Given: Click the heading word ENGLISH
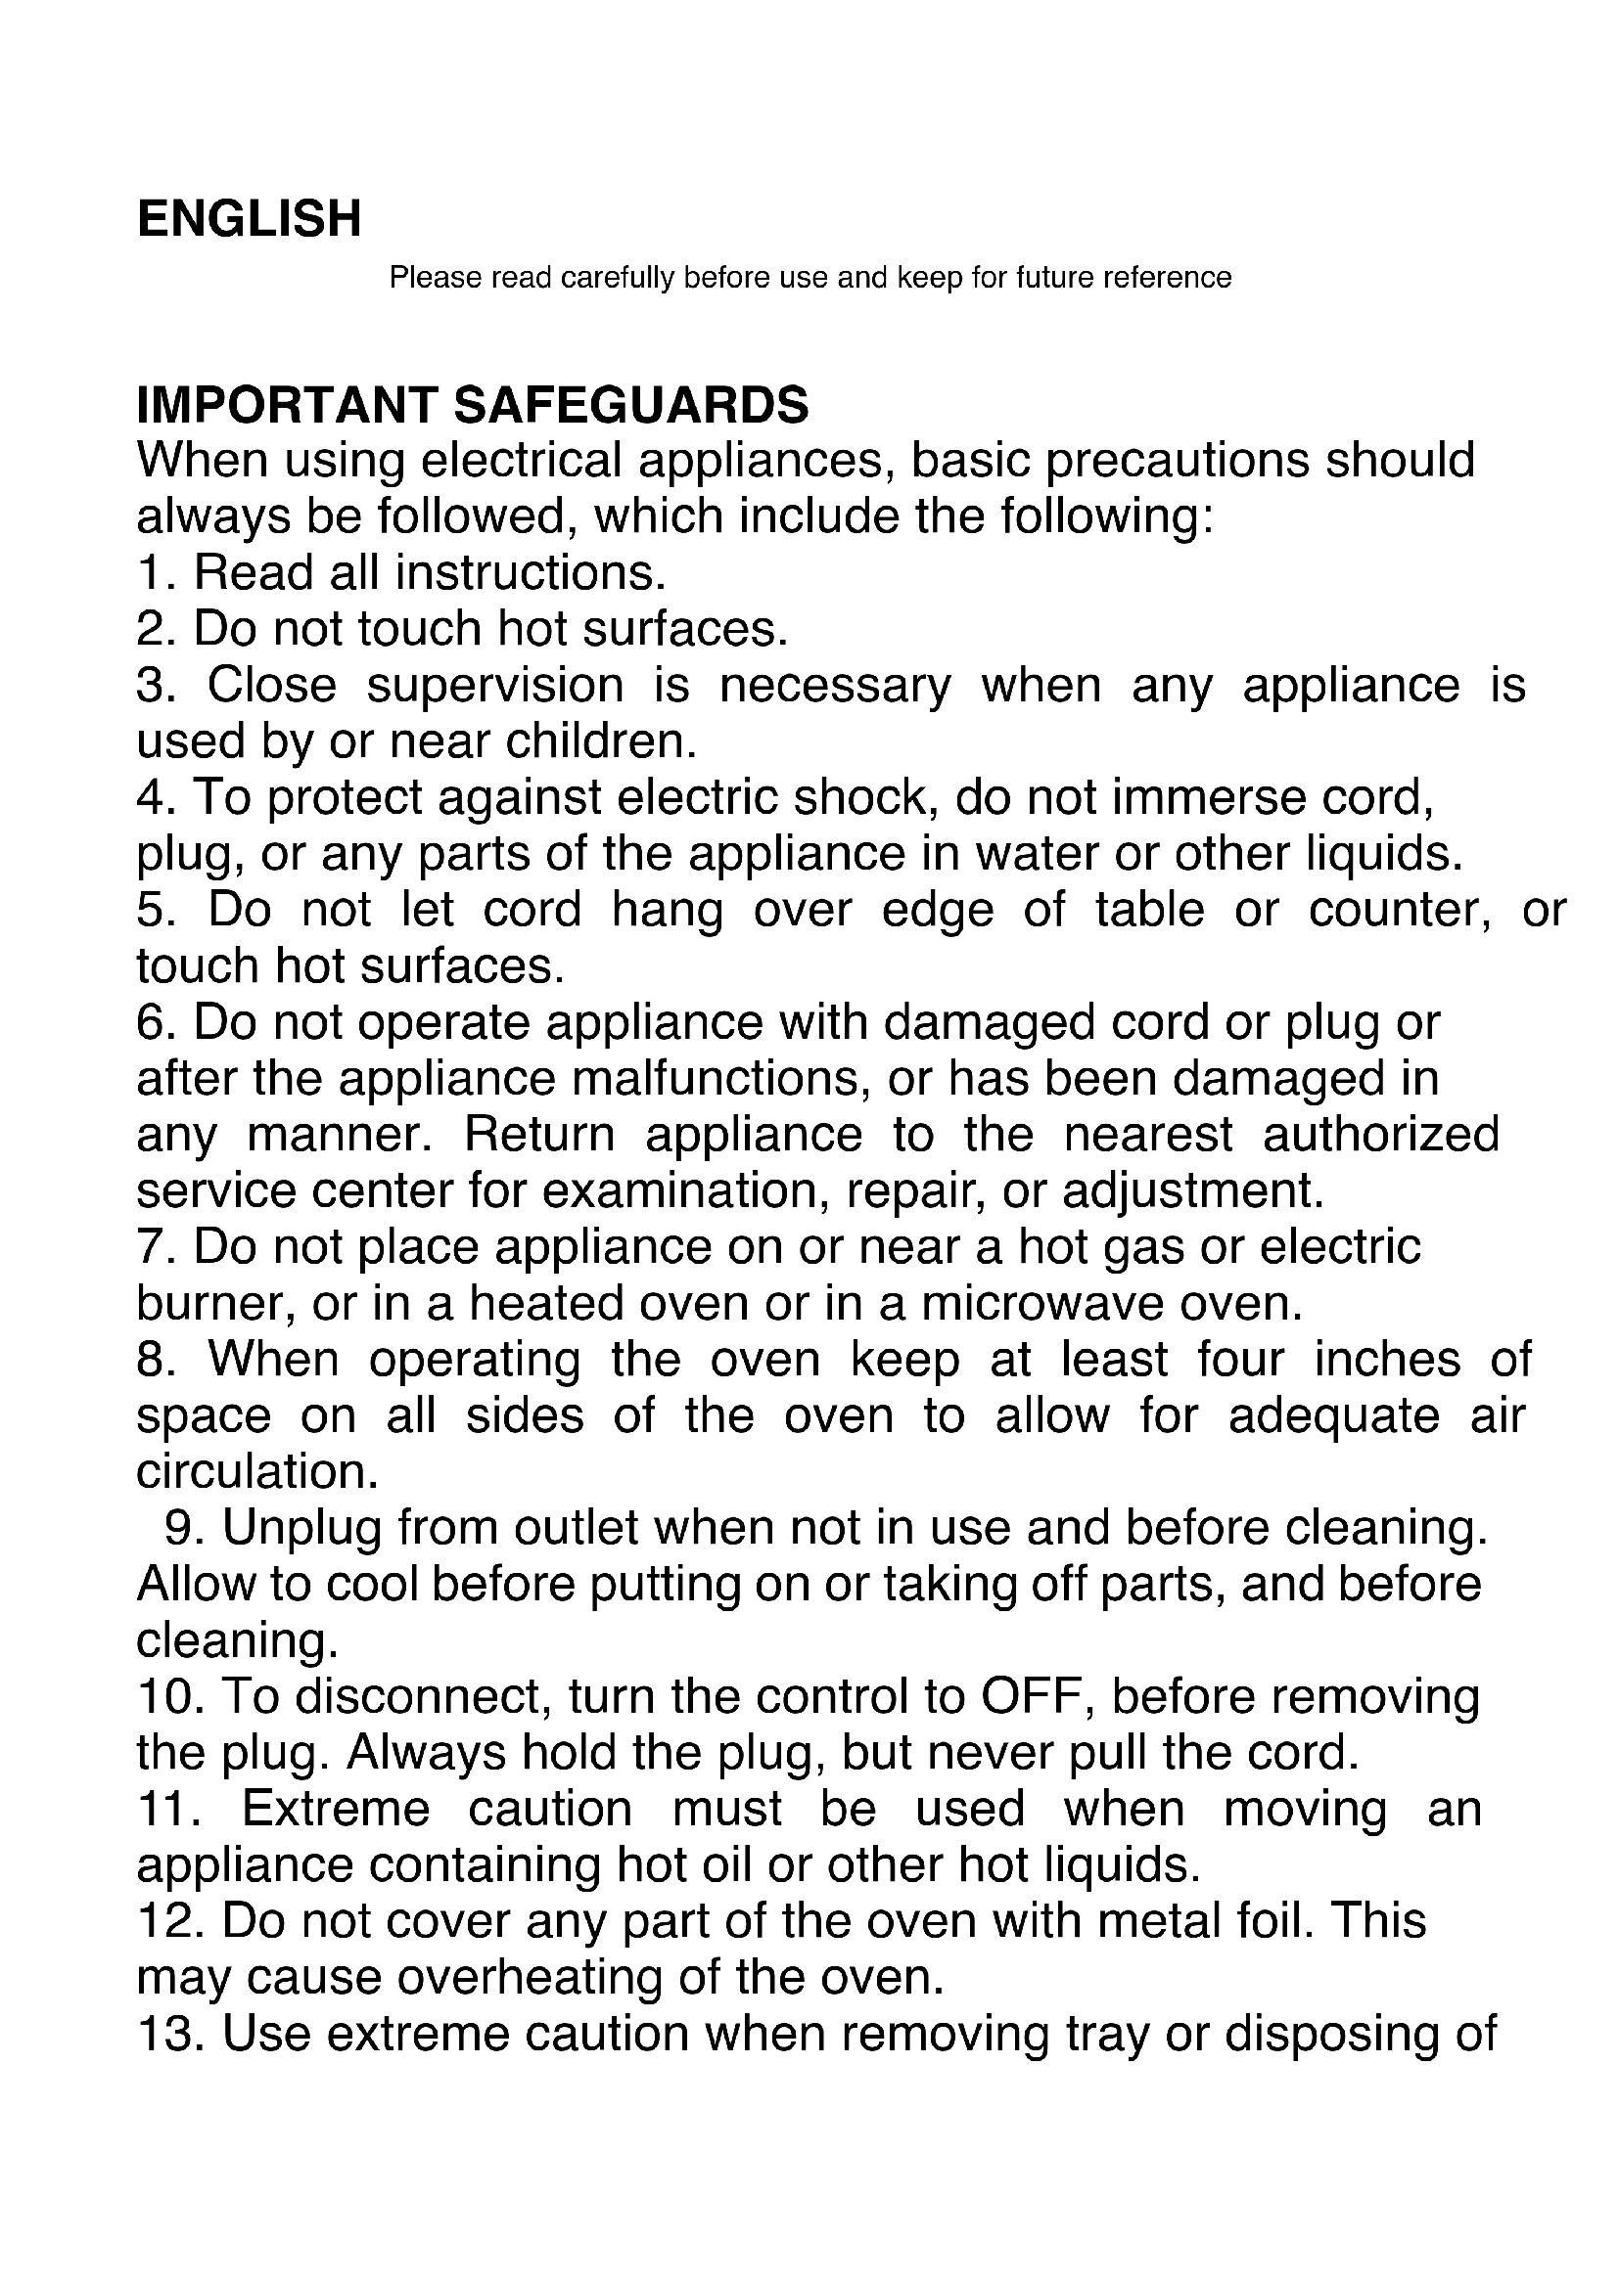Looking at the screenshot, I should pos(250,219).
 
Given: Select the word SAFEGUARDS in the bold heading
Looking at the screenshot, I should pos(631,406).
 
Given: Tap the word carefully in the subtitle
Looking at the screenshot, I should pos(618,277).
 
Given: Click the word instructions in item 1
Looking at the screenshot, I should pos(530,573).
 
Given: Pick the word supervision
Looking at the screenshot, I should pos(494,686).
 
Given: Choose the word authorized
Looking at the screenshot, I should pos(1381,1135).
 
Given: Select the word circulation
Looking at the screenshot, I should pos(257,1473).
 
